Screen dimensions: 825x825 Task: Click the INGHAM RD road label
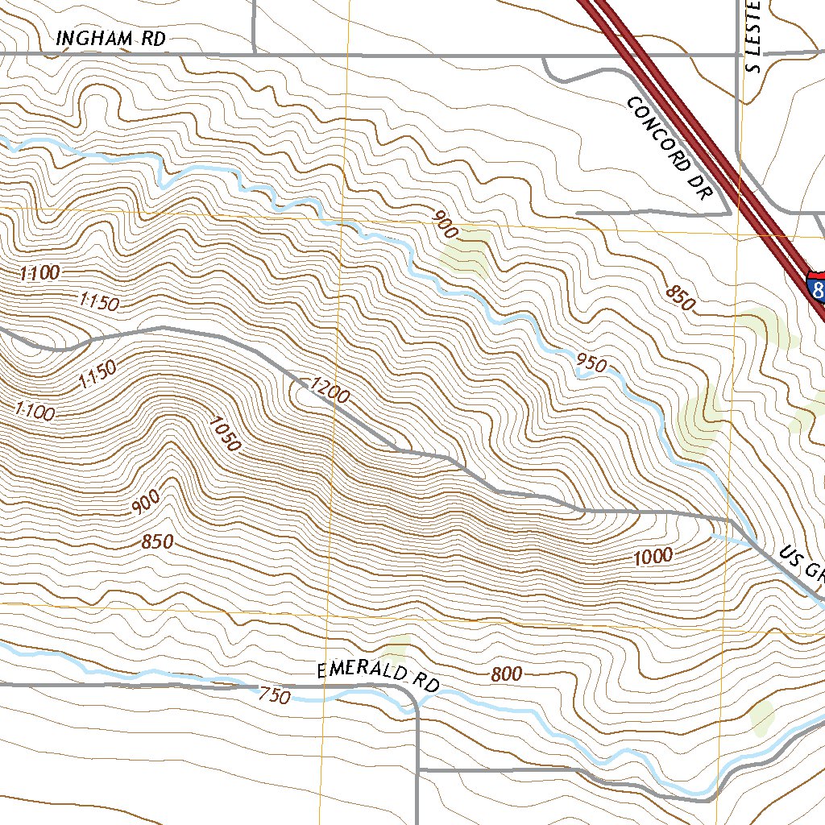coord(111,38)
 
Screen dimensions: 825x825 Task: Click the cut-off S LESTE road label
coord(755,36)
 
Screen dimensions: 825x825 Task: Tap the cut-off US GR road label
coord(802,563)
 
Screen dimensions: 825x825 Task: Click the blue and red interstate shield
coord(815,288)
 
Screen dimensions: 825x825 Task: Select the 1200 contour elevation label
coord(329,390)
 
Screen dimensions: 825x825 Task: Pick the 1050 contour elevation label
coord(224,433)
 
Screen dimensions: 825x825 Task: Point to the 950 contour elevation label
coord(591,364)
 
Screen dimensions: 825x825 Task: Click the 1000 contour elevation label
coord(652,557)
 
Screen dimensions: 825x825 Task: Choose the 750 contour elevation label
coord(274,696)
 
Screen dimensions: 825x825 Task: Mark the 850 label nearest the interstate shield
coord(680,298)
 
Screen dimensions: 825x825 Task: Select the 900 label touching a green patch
coord(446,225)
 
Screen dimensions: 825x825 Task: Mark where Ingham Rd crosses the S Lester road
coord(740,54)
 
